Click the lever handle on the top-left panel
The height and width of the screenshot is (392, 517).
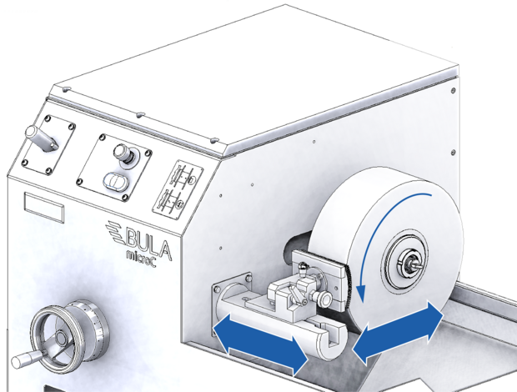pos(40,138)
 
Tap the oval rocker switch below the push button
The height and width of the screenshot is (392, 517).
pos(115,181)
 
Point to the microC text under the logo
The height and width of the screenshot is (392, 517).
pos(141,260)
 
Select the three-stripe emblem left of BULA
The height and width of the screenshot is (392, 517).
pos(114,233)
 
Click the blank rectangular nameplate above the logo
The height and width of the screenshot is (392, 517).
pos(44,208)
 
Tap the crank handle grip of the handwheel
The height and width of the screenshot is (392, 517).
pos(25,359)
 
